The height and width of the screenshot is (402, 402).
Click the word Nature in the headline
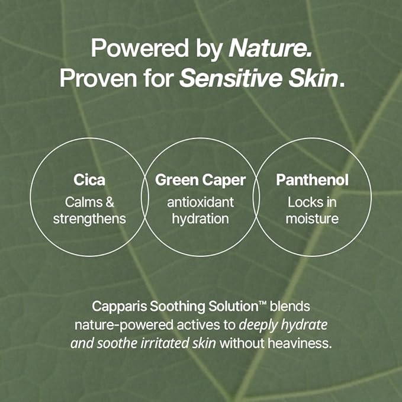click(x=270, y=49)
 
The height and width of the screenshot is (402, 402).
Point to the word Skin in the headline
click(x=314, y=78)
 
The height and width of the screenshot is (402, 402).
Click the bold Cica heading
click(x=89, y=180)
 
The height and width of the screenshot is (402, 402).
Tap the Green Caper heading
click(x=200, y=180)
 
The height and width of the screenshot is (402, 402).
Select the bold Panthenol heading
click(x=312, y=180)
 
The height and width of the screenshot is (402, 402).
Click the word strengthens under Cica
click(x=89, y=218)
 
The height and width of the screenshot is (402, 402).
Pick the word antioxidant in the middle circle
click(x=200, y=202)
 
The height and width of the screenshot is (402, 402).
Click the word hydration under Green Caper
click(x=200, y=218)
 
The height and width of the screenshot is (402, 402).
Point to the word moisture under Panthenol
click(x=312, y=218)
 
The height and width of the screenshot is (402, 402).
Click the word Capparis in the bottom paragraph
click(x=115, y=307)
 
